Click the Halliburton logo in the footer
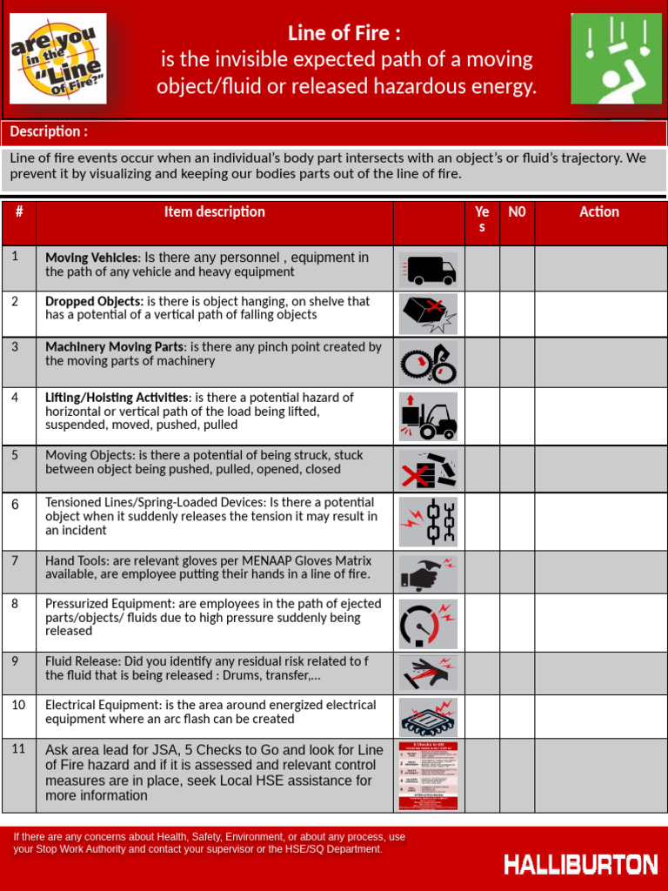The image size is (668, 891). [x=580, y=864]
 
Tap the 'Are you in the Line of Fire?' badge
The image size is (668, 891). [x=57, y=58]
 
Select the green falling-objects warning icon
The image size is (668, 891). [x=616, y=58]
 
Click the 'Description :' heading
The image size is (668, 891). [x=49, y=131]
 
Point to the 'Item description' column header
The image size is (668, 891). [x=214, y=211]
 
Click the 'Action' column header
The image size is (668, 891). [x=599, y=211]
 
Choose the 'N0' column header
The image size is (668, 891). [x=517, y=211]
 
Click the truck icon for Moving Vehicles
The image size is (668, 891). [x=428, y=269]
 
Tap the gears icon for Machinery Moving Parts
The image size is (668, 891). [x=428, y=362]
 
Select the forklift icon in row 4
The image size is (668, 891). [x=428, y=416]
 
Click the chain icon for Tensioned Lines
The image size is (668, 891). [x=428, y=521]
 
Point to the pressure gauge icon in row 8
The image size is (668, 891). [x=428, y=623]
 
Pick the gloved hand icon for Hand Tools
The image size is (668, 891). [x=428, y=573]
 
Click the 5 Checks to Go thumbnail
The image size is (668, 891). [x=428, y=775]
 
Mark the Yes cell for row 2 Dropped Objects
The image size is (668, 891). [x=482, y=314]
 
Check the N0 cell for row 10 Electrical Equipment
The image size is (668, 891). [x=517, y=716]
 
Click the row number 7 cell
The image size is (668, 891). [x=18, y=572]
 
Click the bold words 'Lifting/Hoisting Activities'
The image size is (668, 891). [x=117, y=397]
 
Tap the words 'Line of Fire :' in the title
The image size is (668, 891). [x=344, y=33]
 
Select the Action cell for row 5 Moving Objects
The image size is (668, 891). [x=599, y=469]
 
